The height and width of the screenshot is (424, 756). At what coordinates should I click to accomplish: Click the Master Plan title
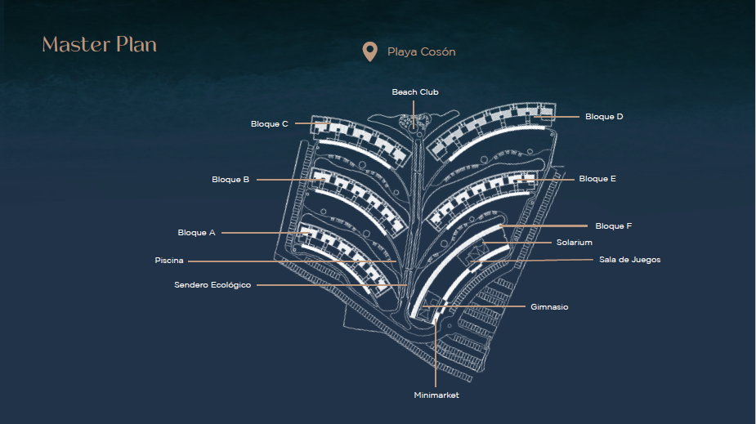click(100, 44)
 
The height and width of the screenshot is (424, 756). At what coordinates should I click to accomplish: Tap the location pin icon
click(369, 51)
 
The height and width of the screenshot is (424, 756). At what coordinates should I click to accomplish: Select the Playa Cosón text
click(422, 51)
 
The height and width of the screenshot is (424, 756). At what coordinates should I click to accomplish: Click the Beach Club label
click(415, 92)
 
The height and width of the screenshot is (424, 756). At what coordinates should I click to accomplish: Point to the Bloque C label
click(269, 124)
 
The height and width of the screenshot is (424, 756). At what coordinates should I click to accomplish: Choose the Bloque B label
click(230, 179)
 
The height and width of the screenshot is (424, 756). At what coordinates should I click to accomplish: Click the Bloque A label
click(196, 232)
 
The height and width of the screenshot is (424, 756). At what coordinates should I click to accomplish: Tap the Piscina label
click(168, 260)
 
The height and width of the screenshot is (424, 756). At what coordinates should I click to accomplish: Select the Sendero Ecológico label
click(212, 285)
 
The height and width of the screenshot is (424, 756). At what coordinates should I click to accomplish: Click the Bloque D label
click(604, 117)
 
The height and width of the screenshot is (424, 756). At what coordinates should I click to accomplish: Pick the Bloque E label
click(597, 179)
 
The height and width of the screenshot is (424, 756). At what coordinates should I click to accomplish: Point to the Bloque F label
click(613, 226)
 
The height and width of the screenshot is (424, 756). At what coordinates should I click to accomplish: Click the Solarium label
click(575, 243)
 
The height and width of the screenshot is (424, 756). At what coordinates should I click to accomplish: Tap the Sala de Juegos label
click(629, 260)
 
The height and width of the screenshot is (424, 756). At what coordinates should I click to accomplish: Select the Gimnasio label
click(549, 307)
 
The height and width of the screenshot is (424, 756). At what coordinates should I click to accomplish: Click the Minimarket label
click(436, 395)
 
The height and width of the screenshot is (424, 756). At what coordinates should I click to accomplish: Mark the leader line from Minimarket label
click(436, 353)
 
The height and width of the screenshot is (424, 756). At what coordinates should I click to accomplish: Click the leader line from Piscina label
click(292, 261)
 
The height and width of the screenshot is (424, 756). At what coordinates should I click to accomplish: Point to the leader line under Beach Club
click(414, 114)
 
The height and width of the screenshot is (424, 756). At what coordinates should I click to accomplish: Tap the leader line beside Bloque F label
click(544, 225)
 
